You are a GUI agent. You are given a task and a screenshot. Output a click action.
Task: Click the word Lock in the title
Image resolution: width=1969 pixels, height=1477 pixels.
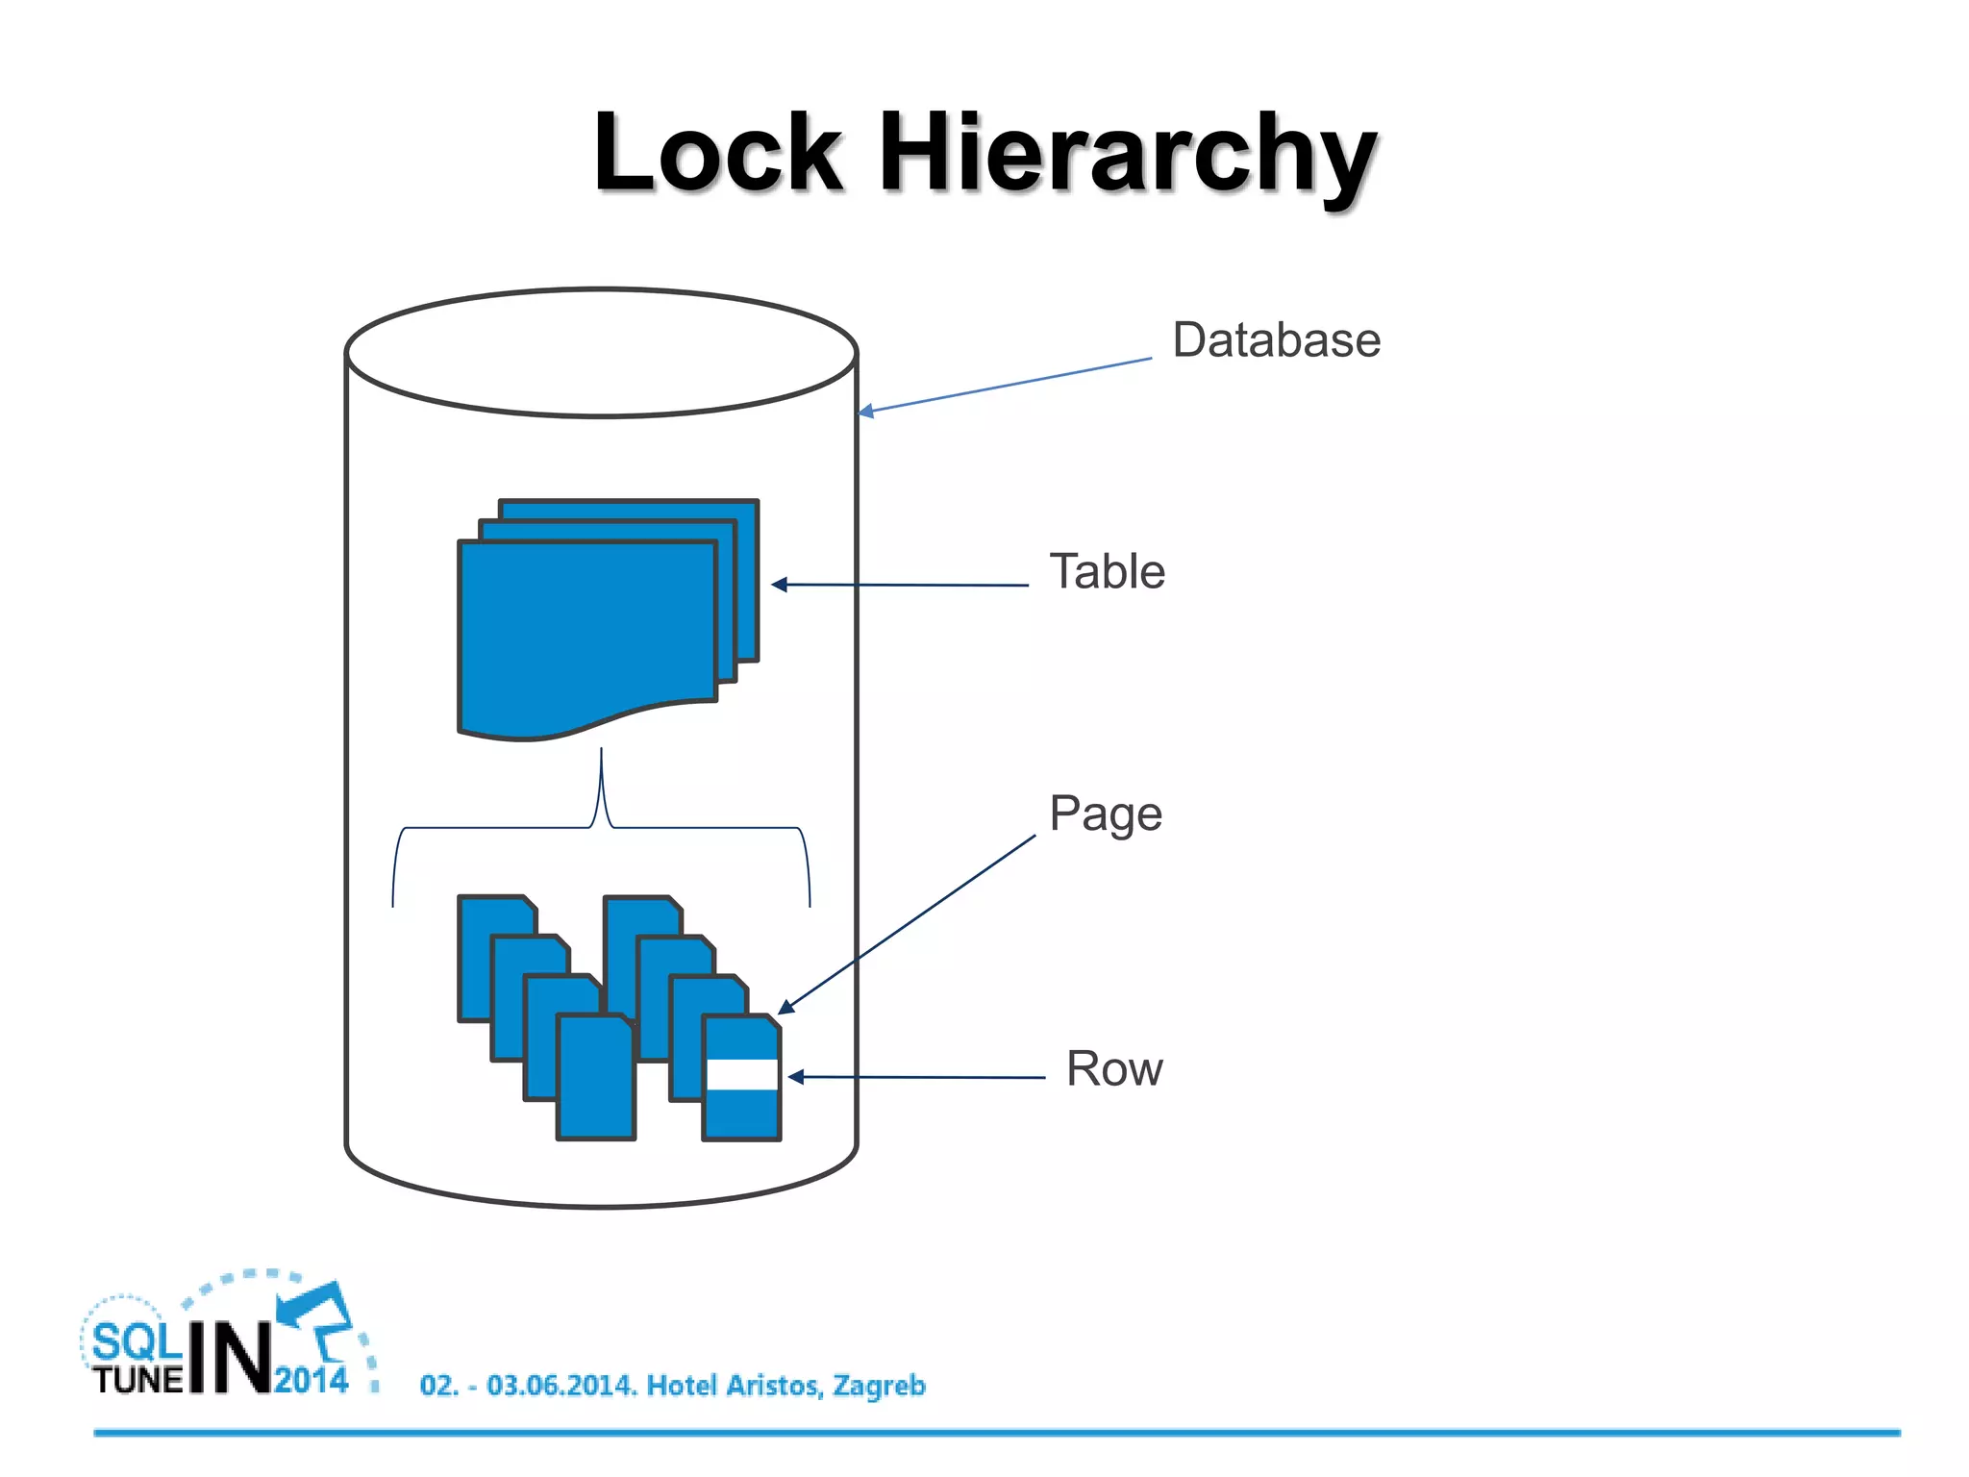(717, 154)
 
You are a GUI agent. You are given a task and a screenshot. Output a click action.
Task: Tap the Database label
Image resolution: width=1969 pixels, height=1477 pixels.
(1276, 340)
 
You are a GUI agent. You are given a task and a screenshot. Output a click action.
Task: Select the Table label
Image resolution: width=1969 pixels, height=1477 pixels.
(1107, 572)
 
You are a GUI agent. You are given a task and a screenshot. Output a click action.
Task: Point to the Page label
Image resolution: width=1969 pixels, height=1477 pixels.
(1106, 814)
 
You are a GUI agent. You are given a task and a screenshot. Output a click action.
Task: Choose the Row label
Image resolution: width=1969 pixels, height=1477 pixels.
(1114, 1069)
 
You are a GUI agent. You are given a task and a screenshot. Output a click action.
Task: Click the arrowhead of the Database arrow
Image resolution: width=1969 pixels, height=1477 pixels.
(864, 412)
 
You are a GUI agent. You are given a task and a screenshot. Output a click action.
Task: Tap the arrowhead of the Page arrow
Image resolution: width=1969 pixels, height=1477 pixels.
(785, 1007)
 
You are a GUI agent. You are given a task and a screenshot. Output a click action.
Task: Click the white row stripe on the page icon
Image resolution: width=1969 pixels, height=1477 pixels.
(741, 1075)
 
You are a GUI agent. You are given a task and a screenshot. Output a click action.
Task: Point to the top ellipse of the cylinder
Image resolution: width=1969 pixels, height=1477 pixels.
(601, 353)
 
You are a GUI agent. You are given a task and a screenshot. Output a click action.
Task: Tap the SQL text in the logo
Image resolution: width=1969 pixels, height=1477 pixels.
(136, 1341)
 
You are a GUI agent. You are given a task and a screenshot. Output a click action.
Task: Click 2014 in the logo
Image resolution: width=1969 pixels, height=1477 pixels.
(311, 1380)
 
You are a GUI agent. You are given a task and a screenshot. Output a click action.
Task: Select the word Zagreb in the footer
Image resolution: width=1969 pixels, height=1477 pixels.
(879, 1386)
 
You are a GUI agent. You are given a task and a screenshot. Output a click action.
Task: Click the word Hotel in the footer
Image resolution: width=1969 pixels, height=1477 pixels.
(683, 1386)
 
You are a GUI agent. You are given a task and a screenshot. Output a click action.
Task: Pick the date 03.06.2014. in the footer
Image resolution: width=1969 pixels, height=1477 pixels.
(561, 1386)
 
